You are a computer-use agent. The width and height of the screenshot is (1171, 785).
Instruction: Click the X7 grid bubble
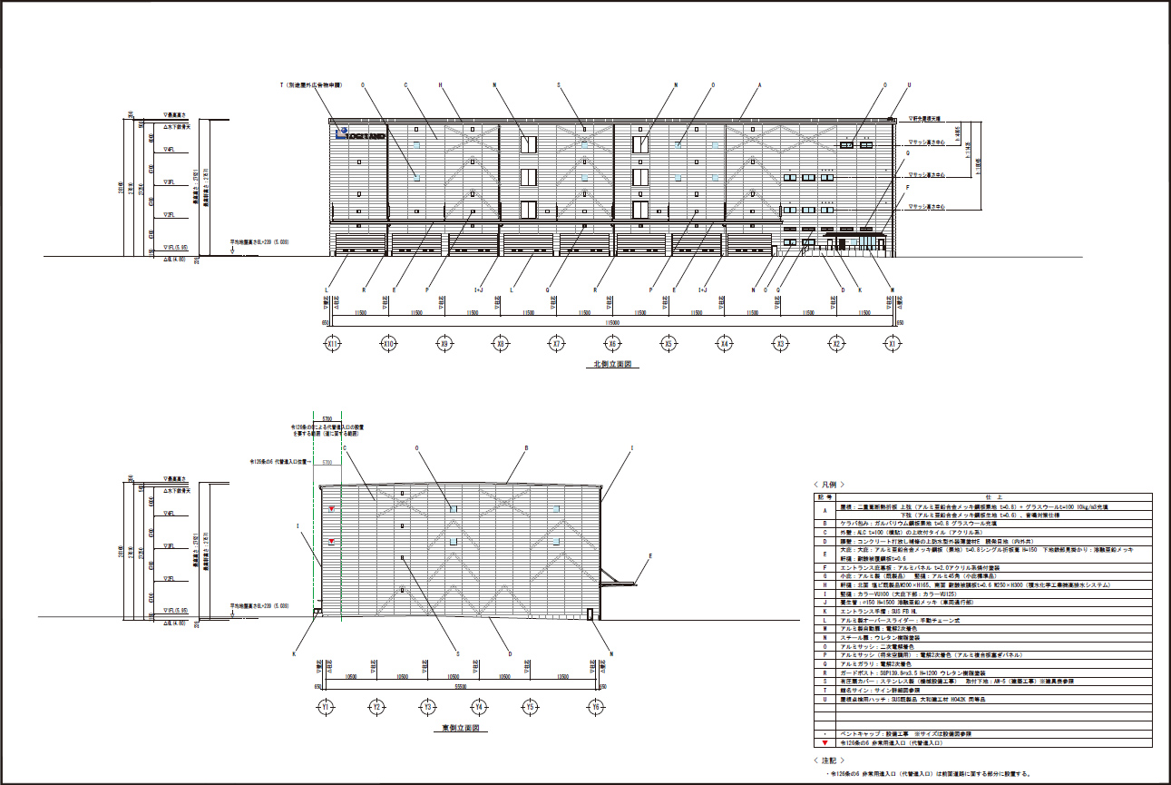557,344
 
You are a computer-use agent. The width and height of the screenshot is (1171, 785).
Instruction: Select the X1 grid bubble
893,344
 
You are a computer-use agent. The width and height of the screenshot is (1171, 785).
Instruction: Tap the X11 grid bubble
333,344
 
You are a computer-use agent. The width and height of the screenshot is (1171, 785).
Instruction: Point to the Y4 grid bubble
480,706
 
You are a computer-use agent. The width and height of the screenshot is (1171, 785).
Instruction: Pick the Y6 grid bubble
595,706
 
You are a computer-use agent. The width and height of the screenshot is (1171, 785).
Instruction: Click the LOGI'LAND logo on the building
360,135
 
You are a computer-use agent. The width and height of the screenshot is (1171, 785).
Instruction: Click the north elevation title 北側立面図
611,364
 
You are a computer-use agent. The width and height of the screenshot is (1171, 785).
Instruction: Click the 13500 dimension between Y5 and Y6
563,677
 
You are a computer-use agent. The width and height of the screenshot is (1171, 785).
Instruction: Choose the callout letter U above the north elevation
909,85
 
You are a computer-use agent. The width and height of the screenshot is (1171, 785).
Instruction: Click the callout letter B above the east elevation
526,448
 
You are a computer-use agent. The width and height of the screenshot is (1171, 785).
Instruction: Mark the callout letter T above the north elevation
283,85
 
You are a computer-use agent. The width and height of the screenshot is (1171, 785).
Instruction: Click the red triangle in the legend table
824,742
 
